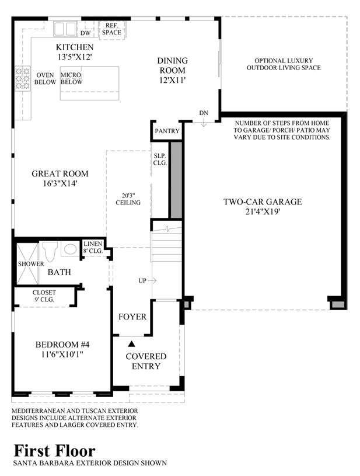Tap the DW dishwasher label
coord(86,33)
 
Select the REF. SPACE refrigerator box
coord(112,29)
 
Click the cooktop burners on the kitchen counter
coord(23,78)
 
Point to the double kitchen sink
coord(65,29)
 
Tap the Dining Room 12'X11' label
coord(172,70)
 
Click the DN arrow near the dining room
coord(204,123)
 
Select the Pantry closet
coord(167,131)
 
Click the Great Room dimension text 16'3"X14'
coord(60,183)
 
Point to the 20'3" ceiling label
coord(128,199)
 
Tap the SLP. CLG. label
coord(160,159)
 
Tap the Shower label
coord(31,264)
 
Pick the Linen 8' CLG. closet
coord(93,248)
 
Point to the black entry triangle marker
coord(131,343)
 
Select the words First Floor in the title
coord(55,451)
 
